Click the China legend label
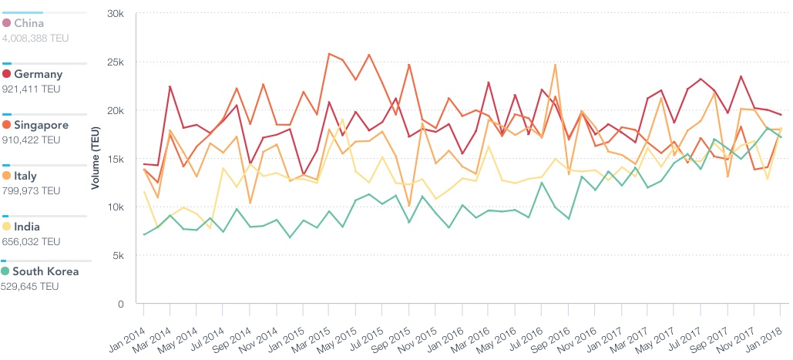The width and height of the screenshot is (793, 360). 29,23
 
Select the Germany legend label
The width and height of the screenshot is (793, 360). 38,74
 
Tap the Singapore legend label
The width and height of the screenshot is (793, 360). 41,125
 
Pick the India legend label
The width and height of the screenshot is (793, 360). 27,227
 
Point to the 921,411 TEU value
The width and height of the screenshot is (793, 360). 31,89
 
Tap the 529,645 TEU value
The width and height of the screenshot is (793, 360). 31,286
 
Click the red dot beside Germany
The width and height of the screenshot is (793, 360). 6,74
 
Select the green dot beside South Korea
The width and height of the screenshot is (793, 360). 6,271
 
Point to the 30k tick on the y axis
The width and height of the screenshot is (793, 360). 116,14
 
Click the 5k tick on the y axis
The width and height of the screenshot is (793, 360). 119,255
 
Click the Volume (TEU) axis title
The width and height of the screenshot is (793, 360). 96,159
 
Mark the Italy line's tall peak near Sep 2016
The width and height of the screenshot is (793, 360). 555,65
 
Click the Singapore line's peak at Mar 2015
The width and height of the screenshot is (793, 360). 330,54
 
